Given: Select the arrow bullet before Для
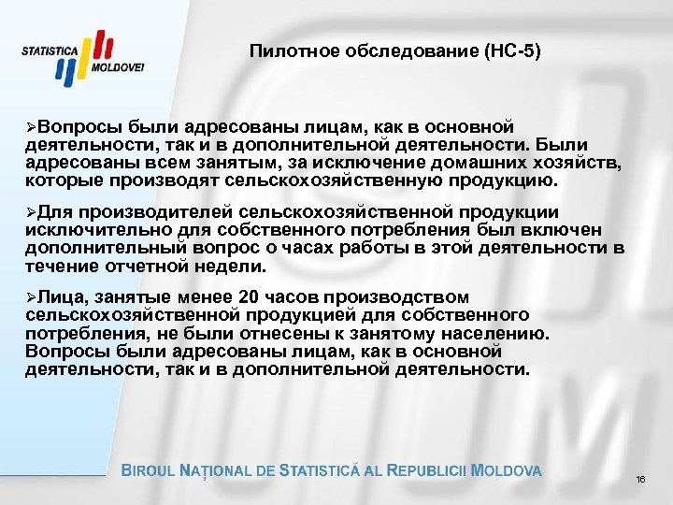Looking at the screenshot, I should coord(32,212).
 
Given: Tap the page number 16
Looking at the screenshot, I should coord(640,480).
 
